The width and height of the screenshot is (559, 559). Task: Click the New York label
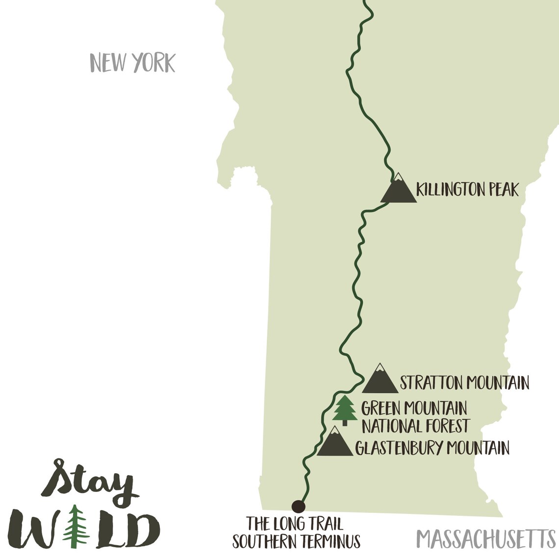click(x=132, y=63)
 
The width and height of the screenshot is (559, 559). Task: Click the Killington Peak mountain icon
click(x=398, y=189)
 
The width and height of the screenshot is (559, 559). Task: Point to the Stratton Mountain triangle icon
click(x=380, y=380)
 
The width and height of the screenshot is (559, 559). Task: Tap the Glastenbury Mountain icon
click(x=335, y=443)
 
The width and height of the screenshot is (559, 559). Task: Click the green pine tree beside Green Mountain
click(x=345, y=410)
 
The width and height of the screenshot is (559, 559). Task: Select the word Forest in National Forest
click(x=443, y=426)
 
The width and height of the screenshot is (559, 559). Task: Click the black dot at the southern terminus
click(x=298, y=506)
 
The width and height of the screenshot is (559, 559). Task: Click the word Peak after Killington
click(x=501, y=189)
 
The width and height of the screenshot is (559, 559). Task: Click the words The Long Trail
click(x=295, y=523)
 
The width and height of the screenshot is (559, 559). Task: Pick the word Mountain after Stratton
click(x=497, y=382)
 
